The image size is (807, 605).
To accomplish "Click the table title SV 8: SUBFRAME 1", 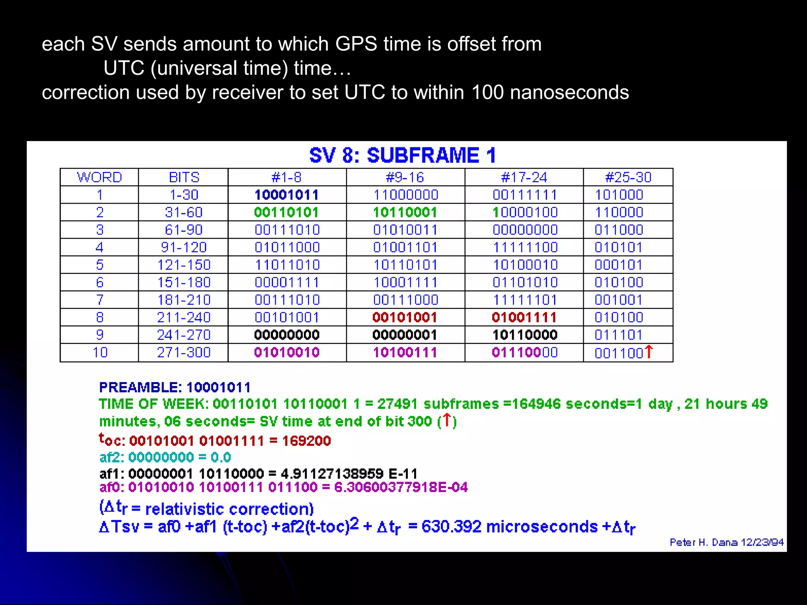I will click(402, 155).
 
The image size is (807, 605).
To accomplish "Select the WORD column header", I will click(99, 177).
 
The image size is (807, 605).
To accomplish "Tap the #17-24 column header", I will click(524, 177).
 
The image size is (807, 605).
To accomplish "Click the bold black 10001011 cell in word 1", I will click(286, 195).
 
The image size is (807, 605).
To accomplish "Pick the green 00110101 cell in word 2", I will click(286, 212).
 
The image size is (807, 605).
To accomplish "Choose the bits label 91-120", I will click(184, 247).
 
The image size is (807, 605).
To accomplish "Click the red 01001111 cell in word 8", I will click(524, 317).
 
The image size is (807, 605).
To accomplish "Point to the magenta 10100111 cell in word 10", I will click(405, 353).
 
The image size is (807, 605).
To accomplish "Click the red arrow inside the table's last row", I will click(649, 352).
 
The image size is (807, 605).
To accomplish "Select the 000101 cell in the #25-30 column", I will click(619, 265).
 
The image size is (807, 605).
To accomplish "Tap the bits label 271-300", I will click(184, 353).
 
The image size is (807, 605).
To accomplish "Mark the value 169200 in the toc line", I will click(306, 441).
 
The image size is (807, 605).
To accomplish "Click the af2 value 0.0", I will click(221, 457).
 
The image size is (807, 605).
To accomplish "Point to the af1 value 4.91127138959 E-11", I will click(349, 473).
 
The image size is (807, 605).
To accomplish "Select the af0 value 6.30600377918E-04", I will click(401, 488).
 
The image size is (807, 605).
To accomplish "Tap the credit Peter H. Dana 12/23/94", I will click(726, 542).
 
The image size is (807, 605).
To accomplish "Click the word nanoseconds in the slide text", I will click(569, 93).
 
